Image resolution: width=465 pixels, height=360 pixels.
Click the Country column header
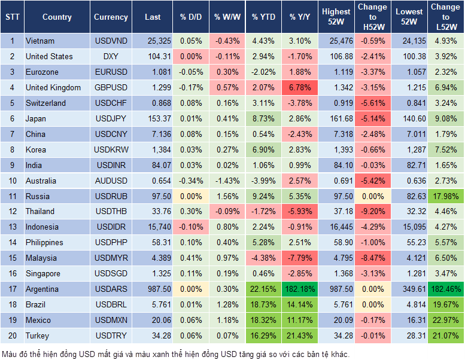click(x=57, y=17)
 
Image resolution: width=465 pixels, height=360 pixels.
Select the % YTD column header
click(x=263, y=17)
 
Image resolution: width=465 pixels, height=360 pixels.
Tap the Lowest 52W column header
click(x=409, y=17)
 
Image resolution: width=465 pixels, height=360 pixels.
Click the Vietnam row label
click(x=40, y=41)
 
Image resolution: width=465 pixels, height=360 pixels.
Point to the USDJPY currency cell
click(x=111, y=119)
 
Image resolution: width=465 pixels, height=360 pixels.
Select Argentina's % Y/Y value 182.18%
click(x=300, y=289)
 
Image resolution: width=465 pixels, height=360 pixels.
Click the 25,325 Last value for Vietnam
click(x=152, y=41)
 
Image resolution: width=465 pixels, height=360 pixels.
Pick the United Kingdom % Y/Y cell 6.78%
click(x=300, y=88)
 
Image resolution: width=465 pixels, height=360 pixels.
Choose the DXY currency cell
click(x=111, y=57)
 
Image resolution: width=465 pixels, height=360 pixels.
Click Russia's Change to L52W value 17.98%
click(x=445, y=196)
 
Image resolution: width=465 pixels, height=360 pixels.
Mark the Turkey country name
click(x=38, y=336)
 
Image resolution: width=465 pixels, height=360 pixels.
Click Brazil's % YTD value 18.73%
click(x=263, y=305)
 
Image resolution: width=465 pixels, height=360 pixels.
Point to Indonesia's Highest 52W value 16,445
click(x=336, y=227)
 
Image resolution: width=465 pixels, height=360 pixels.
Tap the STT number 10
click(x=12, y=181)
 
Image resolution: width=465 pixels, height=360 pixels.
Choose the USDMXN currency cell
click(x=111, y=321)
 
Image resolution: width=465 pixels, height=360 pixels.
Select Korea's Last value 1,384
click(x=152, y=150)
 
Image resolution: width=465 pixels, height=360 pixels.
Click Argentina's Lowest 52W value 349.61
click(x=409, y=289)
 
